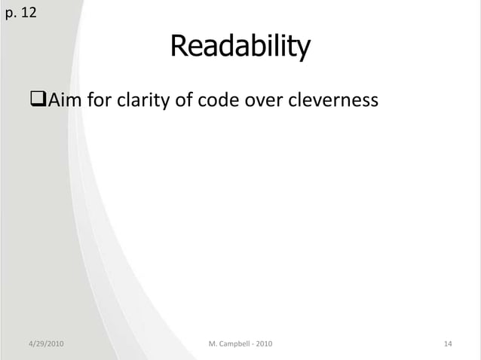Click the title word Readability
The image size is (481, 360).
240,47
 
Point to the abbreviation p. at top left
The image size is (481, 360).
10,14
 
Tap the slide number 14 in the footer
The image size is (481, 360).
448,344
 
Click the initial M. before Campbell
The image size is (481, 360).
212,344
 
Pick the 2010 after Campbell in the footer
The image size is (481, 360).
265,344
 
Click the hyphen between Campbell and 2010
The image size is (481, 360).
253,344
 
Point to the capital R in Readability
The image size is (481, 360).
178,47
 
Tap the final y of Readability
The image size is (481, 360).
303,50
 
